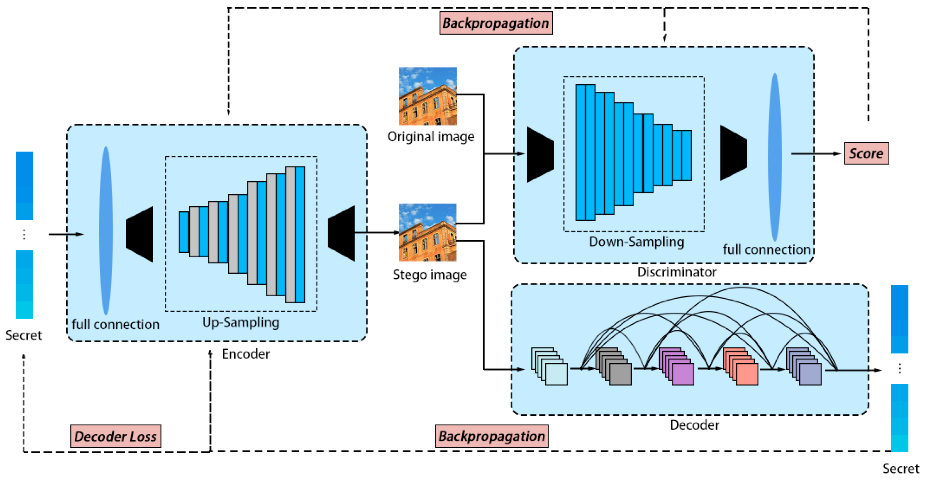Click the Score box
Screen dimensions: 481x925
(866, 153)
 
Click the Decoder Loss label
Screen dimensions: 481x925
(116, 436)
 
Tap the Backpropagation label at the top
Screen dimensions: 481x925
(496, 23)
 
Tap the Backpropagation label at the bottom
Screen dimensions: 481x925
(491, 436)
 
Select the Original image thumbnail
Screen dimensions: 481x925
(427, 96)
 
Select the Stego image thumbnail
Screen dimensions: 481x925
(427, 232)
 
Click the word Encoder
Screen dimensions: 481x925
(246, 354)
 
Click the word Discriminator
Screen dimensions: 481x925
(676, 272)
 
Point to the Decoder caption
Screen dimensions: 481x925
(694, 425)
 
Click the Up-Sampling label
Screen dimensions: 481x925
(241, 322)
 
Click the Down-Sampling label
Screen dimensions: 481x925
(636, 242)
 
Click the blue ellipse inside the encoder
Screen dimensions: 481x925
(106, 231)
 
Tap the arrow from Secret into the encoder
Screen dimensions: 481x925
(66, 234)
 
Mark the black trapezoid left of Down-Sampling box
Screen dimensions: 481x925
(540, 155)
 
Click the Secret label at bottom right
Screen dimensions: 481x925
(900, 468)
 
